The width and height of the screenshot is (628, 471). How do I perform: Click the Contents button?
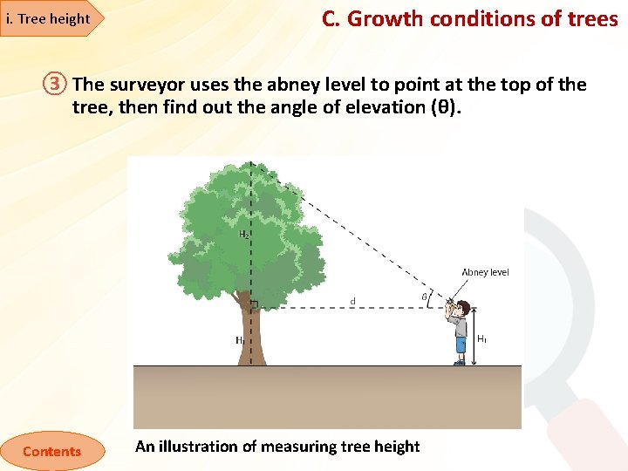tap(51, 451)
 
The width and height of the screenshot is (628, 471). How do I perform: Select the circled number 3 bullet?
tap(55, 85)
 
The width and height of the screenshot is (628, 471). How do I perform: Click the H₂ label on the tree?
tap(244, 234)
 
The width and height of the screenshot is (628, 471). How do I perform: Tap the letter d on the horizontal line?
tap(352, 302)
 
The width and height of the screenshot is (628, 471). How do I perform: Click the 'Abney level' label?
tap(485, 272)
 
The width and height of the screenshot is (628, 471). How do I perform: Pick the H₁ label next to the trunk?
tap(239, 341)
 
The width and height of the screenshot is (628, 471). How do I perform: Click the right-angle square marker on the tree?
tap(255, 304)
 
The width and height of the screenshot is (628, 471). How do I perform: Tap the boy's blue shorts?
tap(461, 343)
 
